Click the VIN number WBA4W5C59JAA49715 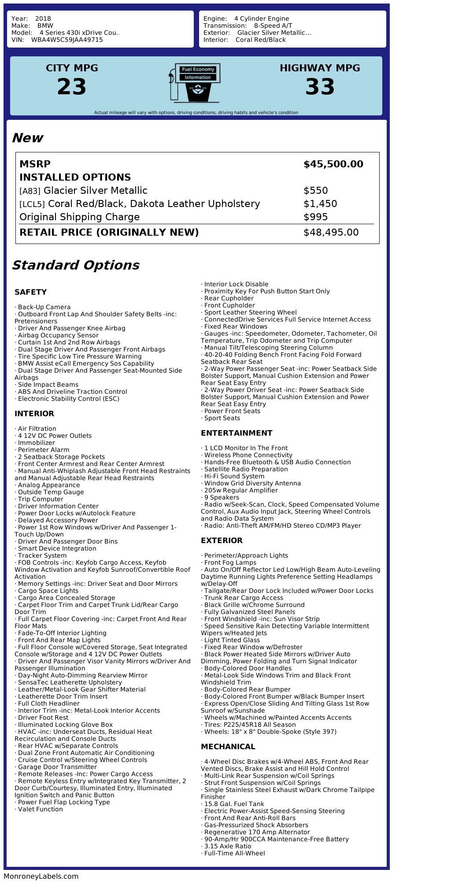point(67,40)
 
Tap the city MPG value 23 point(72,87)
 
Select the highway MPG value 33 point(320,87)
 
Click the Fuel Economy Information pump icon point(194,83)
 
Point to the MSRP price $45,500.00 point(333,164)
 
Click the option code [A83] point(30,191)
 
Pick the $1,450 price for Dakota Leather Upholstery point(320,204)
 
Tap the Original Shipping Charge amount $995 point(315,217)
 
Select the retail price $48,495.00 point(331,233)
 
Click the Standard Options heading point(75,265)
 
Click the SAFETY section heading point(30,292)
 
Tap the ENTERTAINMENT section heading point(237,433)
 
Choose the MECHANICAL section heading point(228,747)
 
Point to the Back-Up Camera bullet point(44,307)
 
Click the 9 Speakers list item point(222,497)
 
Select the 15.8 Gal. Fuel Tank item point(234,804)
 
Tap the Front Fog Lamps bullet point(230,562)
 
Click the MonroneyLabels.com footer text point(41,876)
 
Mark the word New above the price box point(27,138)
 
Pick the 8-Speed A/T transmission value point(273,26)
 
